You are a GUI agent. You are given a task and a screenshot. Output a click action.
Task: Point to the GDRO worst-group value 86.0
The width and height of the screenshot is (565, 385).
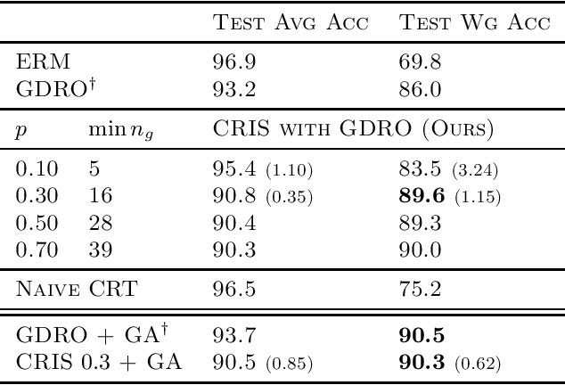point(412,90)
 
